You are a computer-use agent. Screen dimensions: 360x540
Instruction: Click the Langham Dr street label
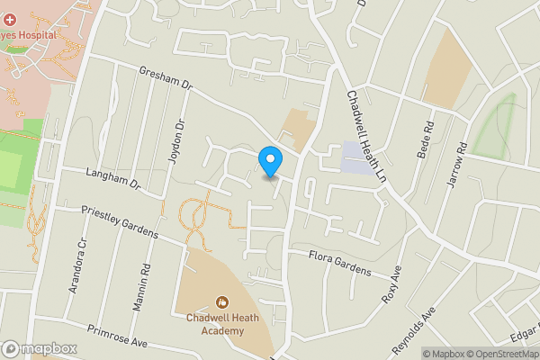click(114, 176)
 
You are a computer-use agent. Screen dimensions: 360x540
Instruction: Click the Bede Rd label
click(425, 142)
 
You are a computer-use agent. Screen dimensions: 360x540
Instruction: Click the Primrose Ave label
click(117, 336)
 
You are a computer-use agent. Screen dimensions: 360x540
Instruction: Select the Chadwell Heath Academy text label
click(215, 324)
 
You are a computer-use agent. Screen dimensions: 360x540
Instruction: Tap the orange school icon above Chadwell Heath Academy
click(221, 302)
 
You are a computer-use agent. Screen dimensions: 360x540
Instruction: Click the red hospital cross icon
click(7, 20)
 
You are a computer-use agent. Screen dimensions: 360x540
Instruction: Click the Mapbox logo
click(40, 348)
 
